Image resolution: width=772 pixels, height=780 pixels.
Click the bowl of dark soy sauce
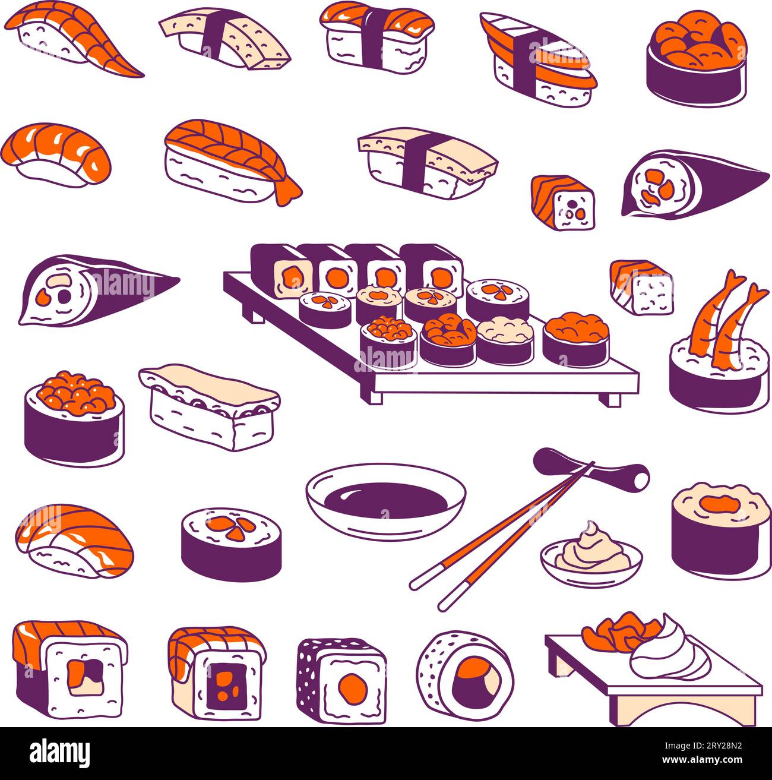[386, 502]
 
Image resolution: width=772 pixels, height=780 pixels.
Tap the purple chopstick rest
[591, 469]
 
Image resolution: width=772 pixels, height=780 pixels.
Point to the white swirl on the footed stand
[671, 653]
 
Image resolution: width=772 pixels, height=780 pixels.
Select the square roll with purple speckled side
[341, 680]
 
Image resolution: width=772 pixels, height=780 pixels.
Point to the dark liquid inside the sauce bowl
[386, 497]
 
